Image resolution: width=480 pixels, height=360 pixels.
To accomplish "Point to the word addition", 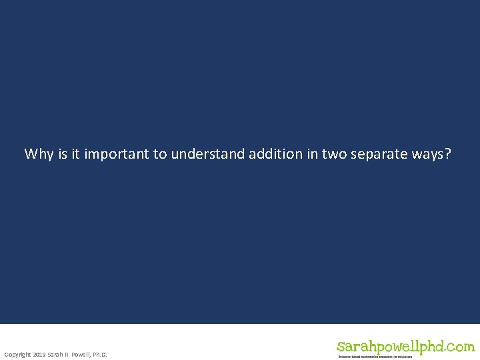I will pyautogui.click(x=276, y=154).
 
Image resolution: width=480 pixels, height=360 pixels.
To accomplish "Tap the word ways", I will pyautogui.click(x=427, y=155).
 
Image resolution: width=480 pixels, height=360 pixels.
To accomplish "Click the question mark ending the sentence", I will pyautogui.click(x=447, y=154).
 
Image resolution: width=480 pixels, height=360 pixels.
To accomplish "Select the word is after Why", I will pyautogui.click(x=63, y=154).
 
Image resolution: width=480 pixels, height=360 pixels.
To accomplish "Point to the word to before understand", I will pyautogui.click(x=160, y=154).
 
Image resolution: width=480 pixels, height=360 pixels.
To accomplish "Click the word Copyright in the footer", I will pyautogui.click(x=17, y=355).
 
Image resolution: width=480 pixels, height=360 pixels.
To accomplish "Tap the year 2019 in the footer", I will pyautogui.click(x=39, y=355).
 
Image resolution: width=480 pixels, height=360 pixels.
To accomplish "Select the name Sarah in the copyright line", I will pyautogui.click(x=55, y=355).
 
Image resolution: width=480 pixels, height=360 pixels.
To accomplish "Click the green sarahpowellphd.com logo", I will pyautogui.click(x=405, y=347).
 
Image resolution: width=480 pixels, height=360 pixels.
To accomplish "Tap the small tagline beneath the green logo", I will pyautogui.click(x=375, y=357).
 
